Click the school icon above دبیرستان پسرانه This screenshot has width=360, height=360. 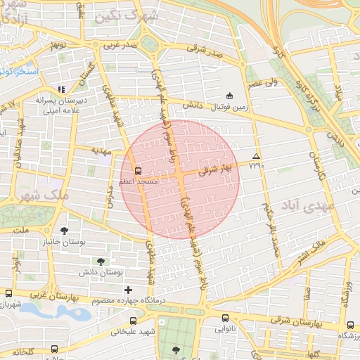[61, 89]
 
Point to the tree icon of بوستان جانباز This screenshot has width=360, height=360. [65, 230]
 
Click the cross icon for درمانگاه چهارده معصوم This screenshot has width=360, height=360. [128, 290]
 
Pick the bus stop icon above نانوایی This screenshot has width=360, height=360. [225, 318]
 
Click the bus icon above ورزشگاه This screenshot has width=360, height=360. [350, 326]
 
